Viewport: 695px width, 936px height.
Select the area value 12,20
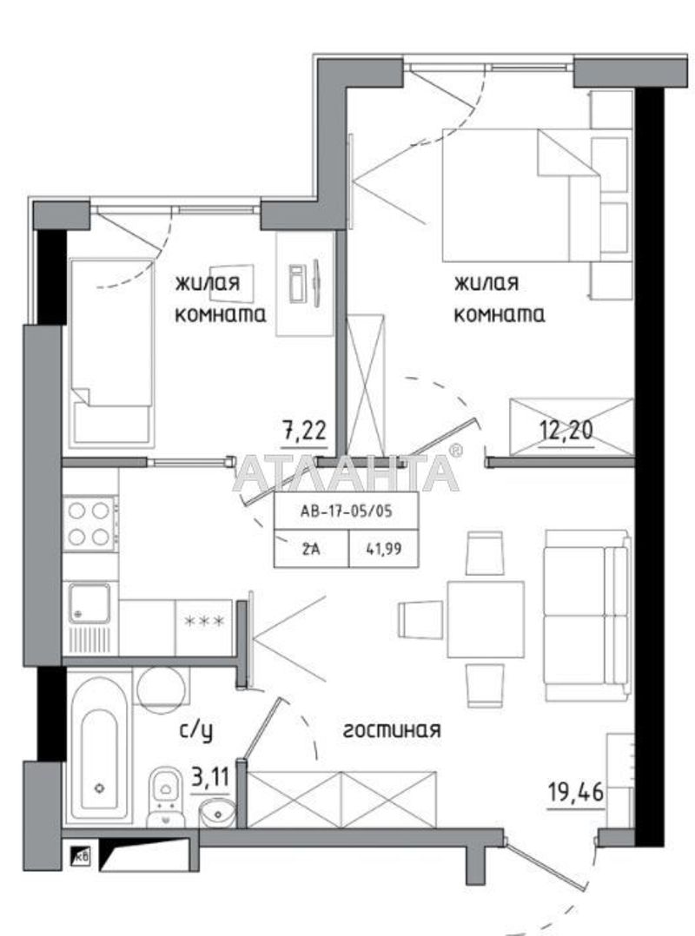(566, 429)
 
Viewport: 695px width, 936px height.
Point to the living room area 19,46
(576, 793)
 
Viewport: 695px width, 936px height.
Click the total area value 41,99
(383, 548)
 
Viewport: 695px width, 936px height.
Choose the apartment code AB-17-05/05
(347, 511)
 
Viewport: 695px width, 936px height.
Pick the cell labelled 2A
(311, 548)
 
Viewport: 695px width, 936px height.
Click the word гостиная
(393, 729)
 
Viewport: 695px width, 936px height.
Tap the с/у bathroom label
(196, 731)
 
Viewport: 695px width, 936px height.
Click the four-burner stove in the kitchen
(90, 524)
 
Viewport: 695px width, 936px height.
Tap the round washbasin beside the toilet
(216, 812)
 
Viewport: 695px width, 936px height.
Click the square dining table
(486, 619)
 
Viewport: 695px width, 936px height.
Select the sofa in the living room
(587, 615)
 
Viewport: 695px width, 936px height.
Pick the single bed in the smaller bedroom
(112, 353)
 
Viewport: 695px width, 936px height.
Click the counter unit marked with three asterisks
(203, 627)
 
